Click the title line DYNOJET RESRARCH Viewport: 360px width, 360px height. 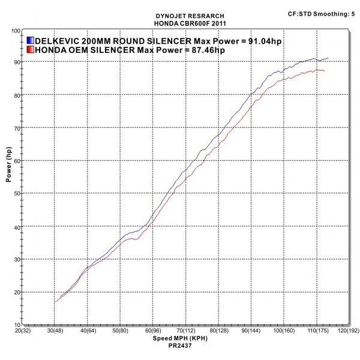[182, 17]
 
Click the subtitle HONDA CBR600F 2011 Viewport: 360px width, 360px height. [182, 23]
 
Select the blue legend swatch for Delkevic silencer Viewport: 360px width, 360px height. [31, 40]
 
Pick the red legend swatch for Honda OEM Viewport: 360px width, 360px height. [31, 50]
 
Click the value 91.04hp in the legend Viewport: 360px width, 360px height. [265, 40]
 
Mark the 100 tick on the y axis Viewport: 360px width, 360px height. [16, 29]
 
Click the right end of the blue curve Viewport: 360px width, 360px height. [328, 58]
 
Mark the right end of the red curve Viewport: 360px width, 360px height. [325, 71]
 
